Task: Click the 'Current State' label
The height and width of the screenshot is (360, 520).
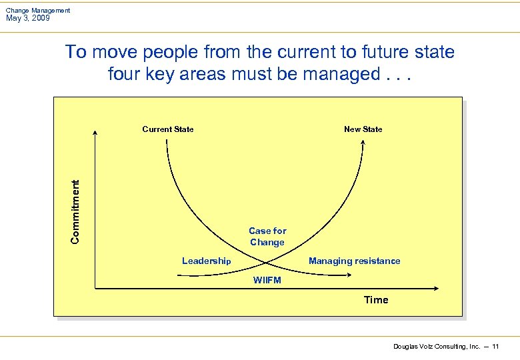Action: [x=168, y=129]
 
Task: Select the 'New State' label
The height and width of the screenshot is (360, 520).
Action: [x=363, y=129]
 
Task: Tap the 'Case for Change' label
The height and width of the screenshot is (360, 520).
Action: [x=267, y=237]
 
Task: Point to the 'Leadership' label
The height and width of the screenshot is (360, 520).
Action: [x=206, y=261]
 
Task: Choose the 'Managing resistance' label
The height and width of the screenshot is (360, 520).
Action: [x=354, y=261]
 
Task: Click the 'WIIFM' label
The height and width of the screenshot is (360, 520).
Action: [x=267, y=280]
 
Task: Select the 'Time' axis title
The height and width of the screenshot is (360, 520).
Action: [x=376, y=300]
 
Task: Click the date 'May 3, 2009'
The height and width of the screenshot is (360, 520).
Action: [x=27, y=18]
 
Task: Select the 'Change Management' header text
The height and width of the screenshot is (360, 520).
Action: [x=37, y=10]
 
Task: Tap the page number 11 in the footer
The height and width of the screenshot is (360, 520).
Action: [x=495, y=347]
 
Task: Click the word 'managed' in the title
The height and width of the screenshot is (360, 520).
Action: [x=341, y=73]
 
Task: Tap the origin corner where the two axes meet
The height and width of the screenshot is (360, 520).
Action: [x=95, y=289]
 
